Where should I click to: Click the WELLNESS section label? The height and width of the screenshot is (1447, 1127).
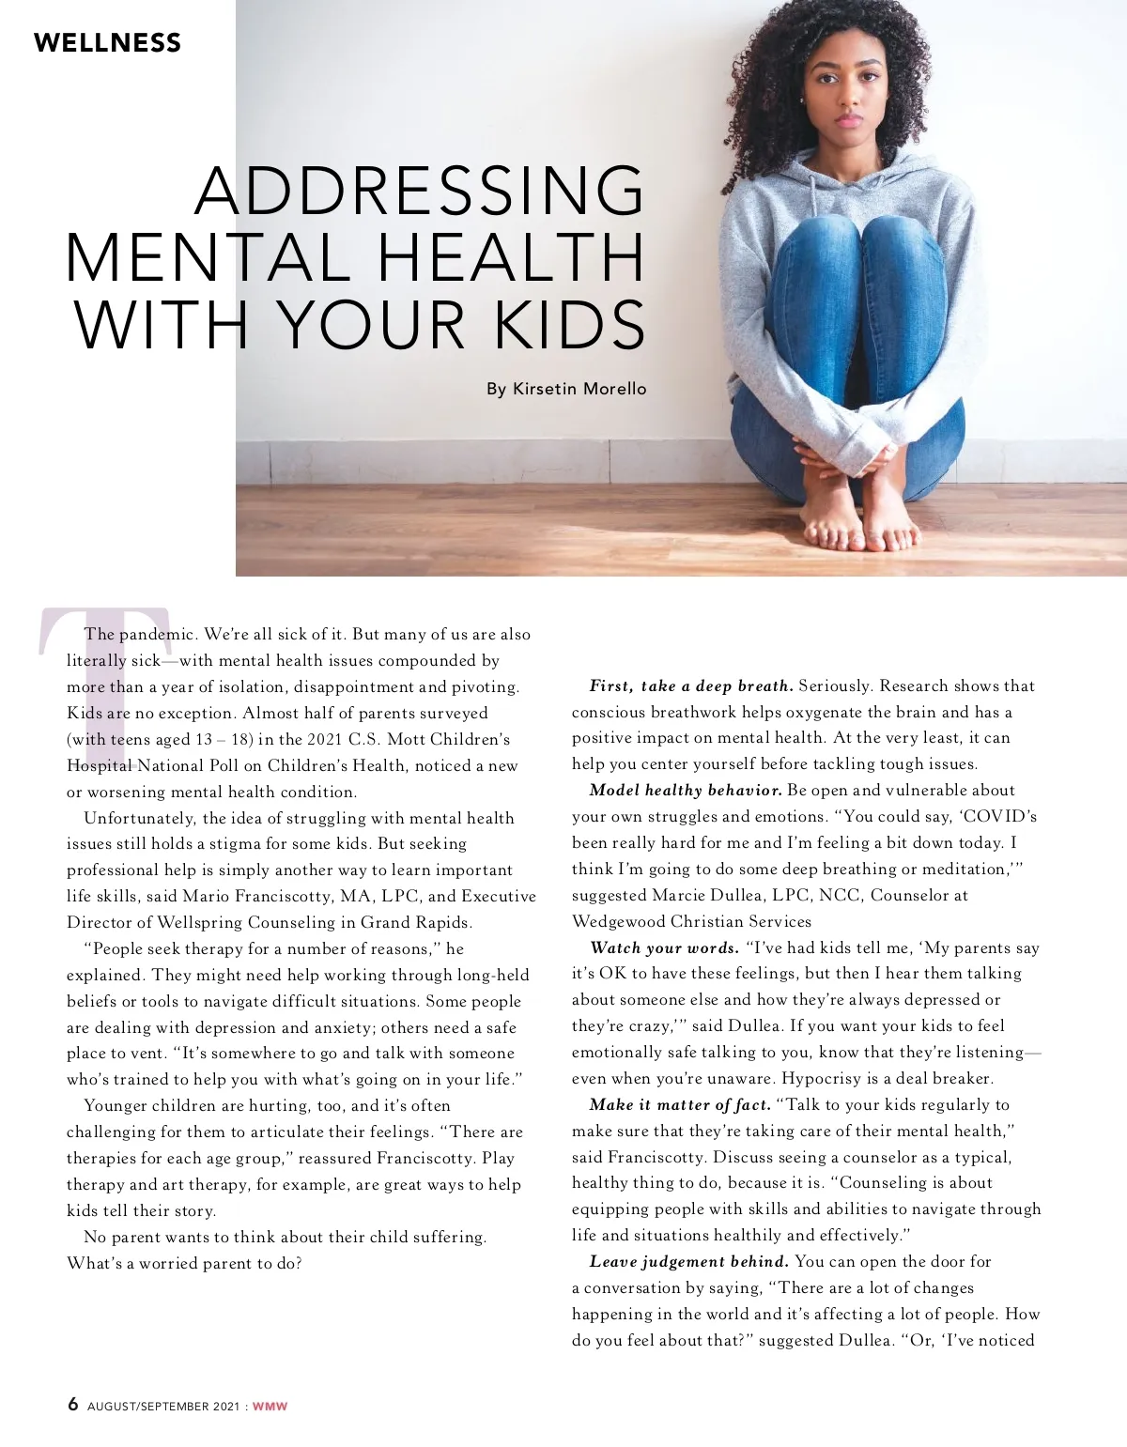(107, 43)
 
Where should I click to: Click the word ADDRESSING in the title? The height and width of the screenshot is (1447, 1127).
(420, 192)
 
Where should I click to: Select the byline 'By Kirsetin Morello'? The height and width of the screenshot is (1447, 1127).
(566, 389)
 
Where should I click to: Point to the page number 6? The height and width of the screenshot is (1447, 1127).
(73, 1404)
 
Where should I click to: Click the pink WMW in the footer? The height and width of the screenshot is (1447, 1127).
(270, 1407)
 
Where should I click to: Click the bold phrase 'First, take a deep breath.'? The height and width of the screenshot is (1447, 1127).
(691, 686)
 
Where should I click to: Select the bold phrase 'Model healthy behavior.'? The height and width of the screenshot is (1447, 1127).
(686, 791)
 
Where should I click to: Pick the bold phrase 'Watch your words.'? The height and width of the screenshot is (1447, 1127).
(664, 948)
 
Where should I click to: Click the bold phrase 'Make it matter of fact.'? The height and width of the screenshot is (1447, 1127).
(680, 1105)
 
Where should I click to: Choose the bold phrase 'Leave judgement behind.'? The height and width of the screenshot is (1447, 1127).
(689, 1262)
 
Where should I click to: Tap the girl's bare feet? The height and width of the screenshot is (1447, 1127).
(859, 531)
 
